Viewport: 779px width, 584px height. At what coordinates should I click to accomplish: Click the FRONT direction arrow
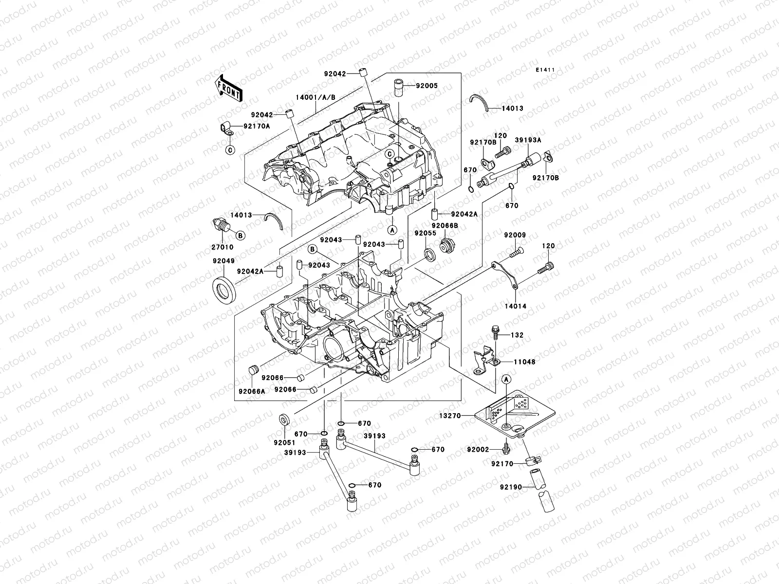[230, 88]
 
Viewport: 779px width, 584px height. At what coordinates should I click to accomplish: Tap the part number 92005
[427, 86]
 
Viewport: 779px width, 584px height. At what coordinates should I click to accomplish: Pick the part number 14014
[515, 307]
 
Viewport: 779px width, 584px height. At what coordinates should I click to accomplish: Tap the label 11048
[524, 362]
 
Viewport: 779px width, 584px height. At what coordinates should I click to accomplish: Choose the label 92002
[477, 449]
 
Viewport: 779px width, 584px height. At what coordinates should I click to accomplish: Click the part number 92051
[282, 443]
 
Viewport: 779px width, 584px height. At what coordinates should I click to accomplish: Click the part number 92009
[515, 236]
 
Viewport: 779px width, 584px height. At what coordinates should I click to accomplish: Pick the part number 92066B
[447, 226]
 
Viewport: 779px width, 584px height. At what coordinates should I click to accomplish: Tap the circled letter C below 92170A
[229, 149]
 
